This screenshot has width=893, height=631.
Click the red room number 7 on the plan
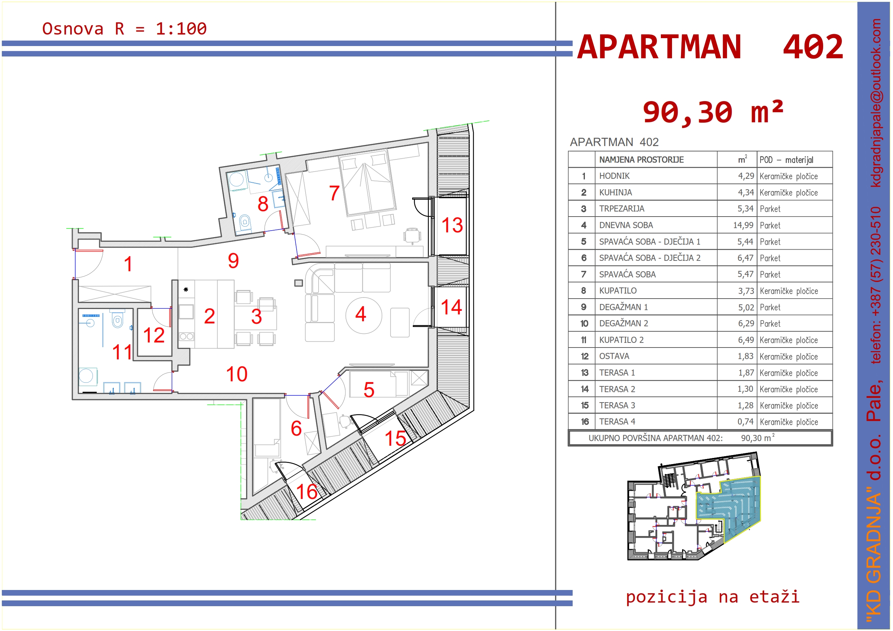(334, 193)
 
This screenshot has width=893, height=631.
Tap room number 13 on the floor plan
(452, 226)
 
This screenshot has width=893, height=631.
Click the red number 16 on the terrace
(307, 492)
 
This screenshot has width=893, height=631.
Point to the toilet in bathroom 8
(244, 223)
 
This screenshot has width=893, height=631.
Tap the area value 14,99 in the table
(743, 226)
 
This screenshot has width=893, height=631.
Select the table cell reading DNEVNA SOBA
(626, 226)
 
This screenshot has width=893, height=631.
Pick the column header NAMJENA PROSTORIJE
(641, 160)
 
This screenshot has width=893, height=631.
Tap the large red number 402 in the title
(813, 47)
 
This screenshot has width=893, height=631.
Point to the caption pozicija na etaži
(713, 597)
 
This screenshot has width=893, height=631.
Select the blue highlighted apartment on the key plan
(727, 505)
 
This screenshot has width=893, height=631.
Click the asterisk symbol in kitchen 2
(186, 290)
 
